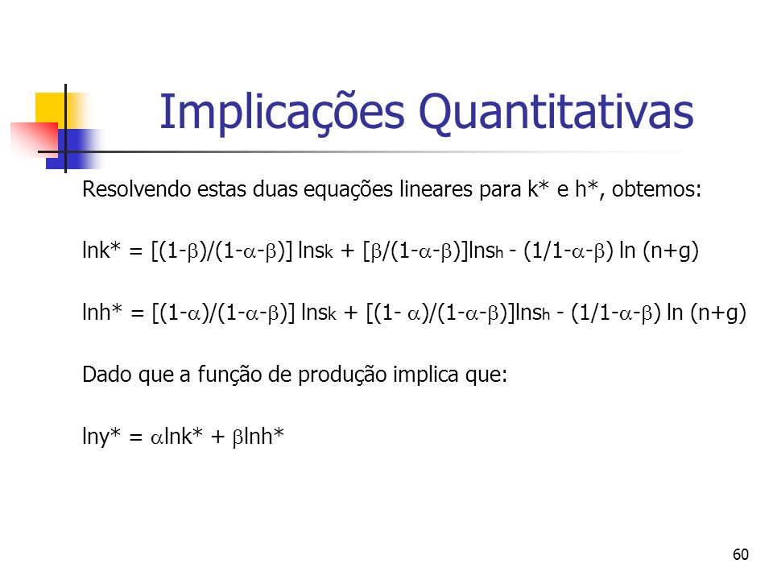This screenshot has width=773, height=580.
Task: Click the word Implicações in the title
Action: pos(282,114)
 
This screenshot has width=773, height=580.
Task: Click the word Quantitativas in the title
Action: pos(556,113)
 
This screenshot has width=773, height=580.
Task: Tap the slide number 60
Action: pos(741,554)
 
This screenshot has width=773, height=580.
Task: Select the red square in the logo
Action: pos(35,139)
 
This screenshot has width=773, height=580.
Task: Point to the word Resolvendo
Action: pos(136,188)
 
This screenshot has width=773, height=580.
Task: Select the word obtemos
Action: pos(656,188)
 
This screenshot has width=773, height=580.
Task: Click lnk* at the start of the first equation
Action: pos(101,250)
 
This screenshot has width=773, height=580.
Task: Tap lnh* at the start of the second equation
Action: pos(102,312)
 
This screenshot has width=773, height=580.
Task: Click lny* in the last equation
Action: pos(101,437)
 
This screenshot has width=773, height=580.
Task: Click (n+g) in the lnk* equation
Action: pos(671,251)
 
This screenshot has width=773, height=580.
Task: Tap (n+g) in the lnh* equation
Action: pos(718,313)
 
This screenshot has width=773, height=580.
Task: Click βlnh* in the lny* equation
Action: pos(258,437)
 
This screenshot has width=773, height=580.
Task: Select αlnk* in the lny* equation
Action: pos(176,437)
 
